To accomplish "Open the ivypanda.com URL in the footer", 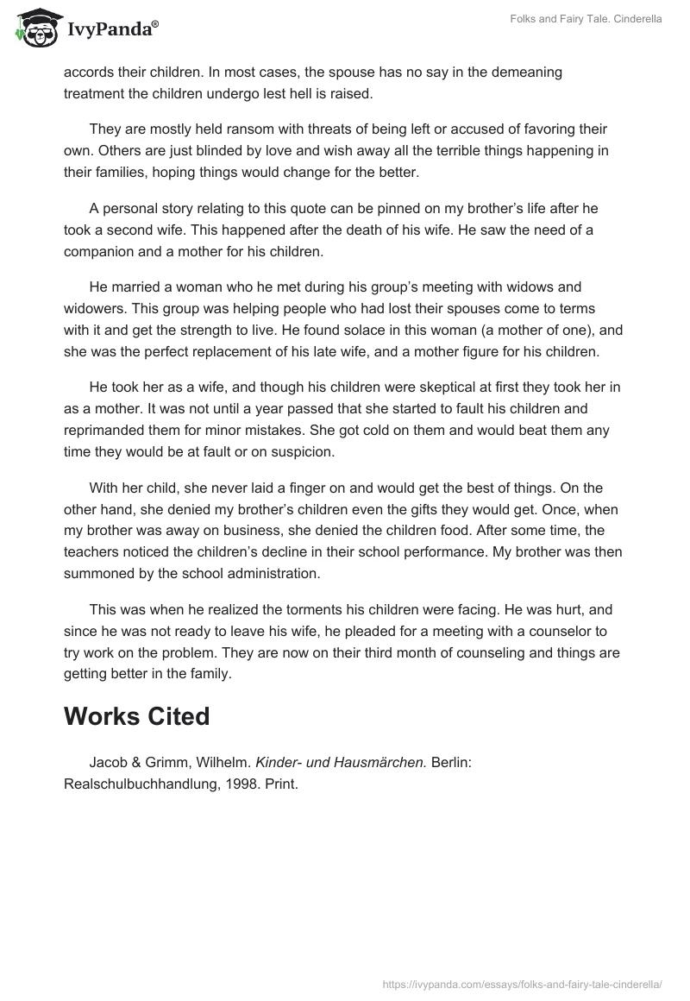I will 522,983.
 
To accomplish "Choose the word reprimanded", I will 106,431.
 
